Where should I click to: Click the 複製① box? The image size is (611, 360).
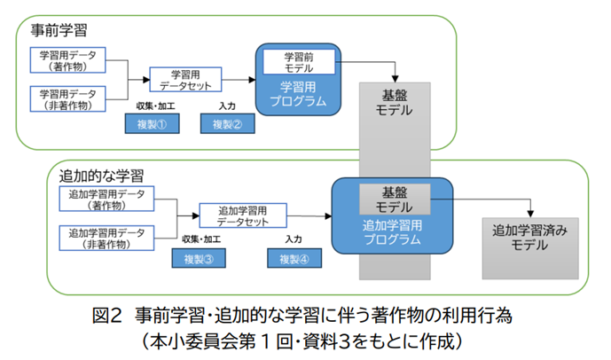[x=152, y=124]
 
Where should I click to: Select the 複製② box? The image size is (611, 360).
[x=228, y=124]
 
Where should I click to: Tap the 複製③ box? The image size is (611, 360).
[x=199, y=258]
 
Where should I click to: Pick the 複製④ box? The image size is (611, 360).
[x=294, y=258]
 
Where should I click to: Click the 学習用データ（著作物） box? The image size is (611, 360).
[x=67, y=60]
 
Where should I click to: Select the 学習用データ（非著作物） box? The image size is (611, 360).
[x=67, y=99]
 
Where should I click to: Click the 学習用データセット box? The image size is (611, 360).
[x=185, y=80]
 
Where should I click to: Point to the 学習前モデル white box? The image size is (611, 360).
[x=299, y=62]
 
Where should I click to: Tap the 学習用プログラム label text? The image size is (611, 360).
[x=298, y=94]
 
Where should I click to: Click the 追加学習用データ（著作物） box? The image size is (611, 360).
[x=106, y=200]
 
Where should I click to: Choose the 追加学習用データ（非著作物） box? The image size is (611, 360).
[x=106, y=238]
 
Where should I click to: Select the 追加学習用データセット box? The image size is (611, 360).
[x=243, y=215]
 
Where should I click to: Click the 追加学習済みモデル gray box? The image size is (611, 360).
[x=530, y=248]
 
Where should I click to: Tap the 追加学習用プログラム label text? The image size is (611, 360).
[x=392, y=232]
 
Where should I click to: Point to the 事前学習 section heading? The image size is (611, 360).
[x=59, y=30]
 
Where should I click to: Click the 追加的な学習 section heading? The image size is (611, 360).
[x=101, y=176]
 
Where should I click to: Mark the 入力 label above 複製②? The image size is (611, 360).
[x=227, y=106]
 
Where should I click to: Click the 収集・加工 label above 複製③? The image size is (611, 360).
[x=201, y=239]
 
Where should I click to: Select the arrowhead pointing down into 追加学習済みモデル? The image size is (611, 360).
[x=530, y=214]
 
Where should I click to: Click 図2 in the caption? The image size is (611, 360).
[x=107, y=315]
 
